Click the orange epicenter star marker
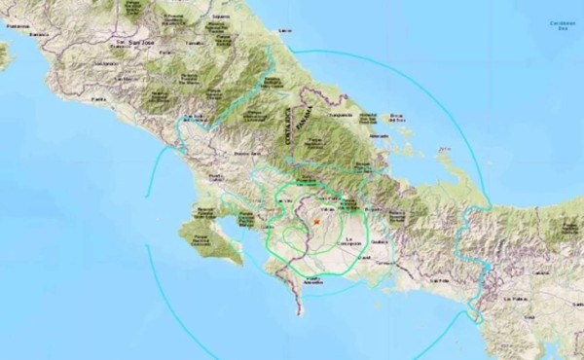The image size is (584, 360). [317, 223]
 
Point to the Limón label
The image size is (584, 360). [284, 32]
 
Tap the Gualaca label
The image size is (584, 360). [380, 243]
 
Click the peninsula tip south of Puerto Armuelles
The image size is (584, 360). [299, 313]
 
